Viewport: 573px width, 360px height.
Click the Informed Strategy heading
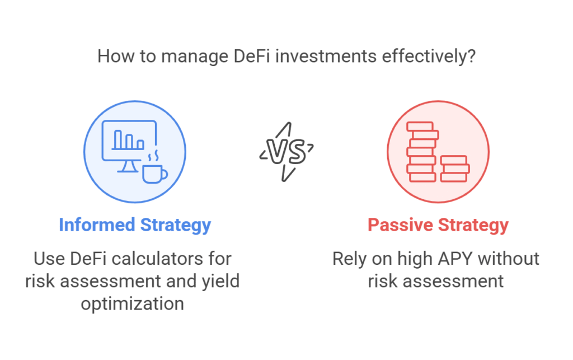coord(135,225)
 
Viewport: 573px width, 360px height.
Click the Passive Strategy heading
coord(438,225)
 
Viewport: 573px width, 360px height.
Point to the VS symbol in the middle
coord(286,151)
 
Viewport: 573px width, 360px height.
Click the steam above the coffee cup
coord(153,156)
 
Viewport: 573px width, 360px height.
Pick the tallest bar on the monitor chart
coord(118,139)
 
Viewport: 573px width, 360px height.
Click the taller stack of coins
coord(422,152)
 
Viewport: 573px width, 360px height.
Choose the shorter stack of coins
coord(454,169)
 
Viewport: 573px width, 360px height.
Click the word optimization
coord(132,304)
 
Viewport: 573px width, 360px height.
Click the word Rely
coord(350,259)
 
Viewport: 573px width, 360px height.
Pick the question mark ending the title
coord(471,57)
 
